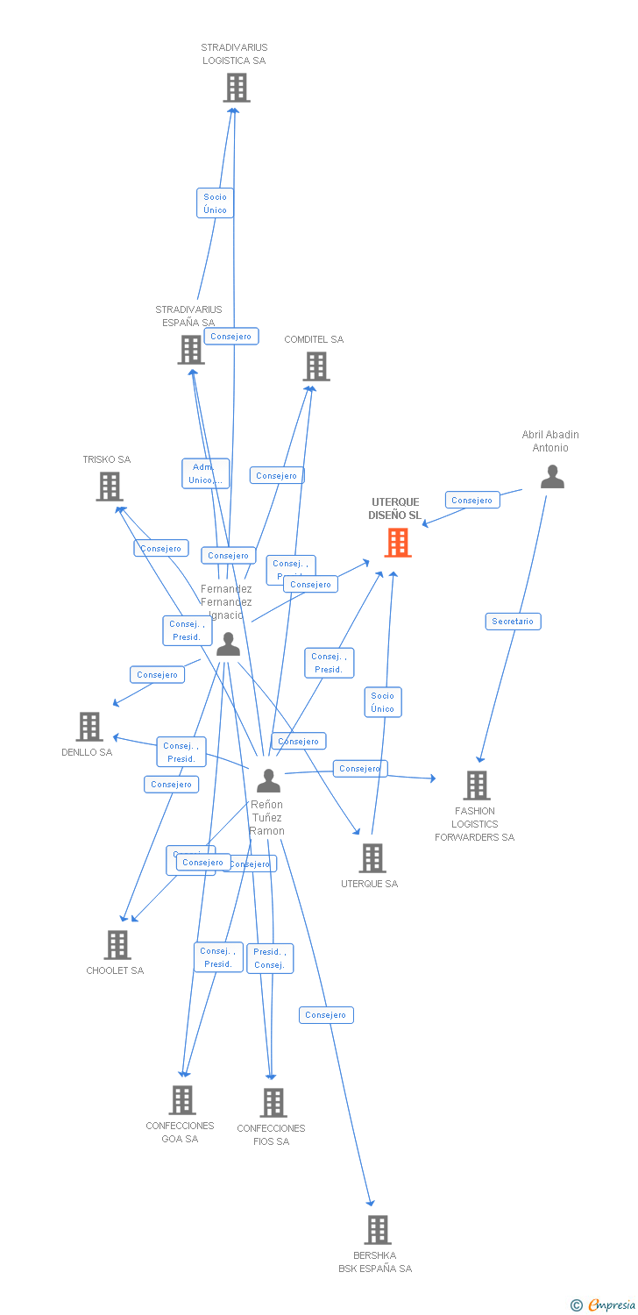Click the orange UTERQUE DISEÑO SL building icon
[x=398, y=543]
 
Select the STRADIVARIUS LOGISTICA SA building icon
[x=236, y=88]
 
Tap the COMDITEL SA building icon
[x=316, y=366]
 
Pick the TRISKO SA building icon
[x=110, y=487]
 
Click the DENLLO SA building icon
[x=89, y=727]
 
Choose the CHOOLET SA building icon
[x=117, y=945]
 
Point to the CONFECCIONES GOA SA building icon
[x=182, y=1100]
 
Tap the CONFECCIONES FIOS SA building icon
[x=273, y=1103]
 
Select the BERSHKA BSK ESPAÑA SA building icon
[x=378, y=1230]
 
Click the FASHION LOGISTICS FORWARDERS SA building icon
[x=477, y=785]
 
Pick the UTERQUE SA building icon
[x=372, y=858]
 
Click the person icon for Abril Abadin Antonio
[x=552, y=477]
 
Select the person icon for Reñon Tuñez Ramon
[x=268, y=780]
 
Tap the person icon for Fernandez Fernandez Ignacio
[x=228, y=644]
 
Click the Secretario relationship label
[x=513, y=622]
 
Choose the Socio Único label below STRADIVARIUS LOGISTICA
[x=215, y=203]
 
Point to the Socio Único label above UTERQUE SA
[x=383, y=702]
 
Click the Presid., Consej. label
[x=269, y=958]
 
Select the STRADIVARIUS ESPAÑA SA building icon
[x=191, y=350]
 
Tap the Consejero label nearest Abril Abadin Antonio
[x=472, y=501]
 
